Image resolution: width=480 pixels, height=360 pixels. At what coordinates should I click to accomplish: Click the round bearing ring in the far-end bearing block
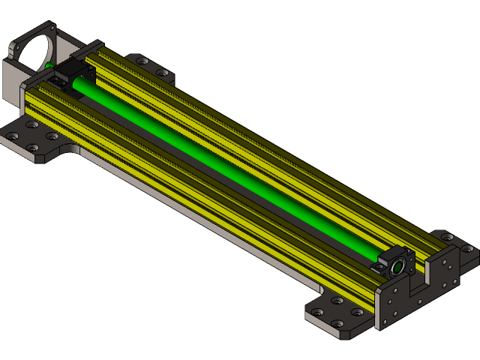point(395,266)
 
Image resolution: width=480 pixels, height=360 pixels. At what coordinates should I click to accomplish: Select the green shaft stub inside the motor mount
point(49,66)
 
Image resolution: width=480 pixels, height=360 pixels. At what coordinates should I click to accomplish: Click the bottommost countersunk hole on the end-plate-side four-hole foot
point(337,324)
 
